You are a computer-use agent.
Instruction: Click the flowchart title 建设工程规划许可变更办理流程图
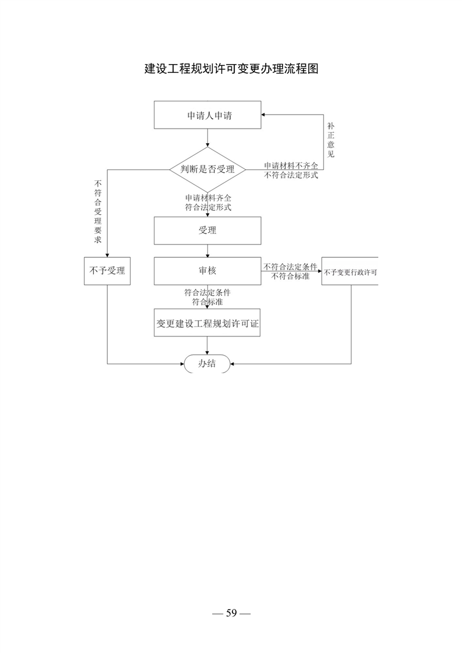coord(231,69)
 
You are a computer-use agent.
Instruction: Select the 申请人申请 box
coord(207,115)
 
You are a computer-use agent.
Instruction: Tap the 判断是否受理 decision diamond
coord(207,169)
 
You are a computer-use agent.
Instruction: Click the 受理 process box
coord(207,230)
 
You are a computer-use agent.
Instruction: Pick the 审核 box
coord(207,271)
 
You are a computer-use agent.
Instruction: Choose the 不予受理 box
coord(107,271)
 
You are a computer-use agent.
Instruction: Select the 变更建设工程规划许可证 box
coord(207,323)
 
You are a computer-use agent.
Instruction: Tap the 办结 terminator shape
coord(207,364)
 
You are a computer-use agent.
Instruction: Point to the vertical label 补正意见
coord(331,140)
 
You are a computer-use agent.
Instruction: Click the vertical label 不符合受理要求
coord(98,212)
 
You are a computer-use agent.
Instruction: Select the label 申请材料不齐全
coord(291,166)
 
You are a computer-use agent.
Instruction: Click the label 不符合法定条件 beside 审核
coord(290,267)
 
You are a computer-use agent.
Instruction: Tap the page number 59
coord(231,613)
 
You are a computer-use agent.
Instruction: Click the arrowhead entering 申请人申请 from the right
coord(264,115)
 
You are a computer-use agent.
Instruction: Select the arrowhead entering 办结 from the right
coord(232,364)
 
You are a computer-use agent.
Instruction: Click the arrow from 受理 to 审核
coord(207,251)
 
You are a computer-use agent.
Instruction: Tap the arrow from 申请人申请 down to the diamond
coord(207,138)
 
